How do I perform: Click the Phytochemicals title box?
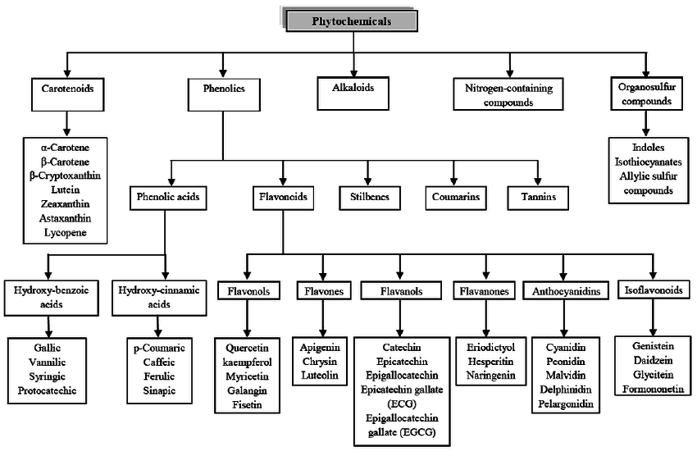(351, 21)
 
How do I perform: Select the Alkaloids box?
(353, 93)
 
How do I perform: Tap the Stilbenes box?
(369, 198)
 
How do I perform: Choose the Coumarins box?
(456, 198)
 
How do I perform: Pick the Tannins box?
(538, 198)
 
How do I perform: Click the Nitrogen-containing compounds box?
(508, 93)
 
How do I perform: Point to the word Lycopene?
(66, 232)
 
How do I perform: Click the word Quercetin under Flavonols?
(247, 348)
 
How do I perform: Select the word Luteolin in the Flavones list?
(320, 375)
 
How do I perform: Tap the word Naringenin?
(490, 376)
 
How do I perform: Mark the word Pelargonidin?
(566, 404)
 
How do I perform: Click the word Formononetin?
(653, 390)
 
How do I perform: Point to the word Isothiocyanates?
(648, 162)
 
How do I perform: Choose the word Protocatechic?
(47, 390)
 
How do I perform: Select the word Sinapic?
(159, 390)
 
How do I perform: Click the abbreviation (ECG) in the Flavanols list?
(402, 404)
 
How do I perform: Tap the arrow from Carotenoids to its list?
(66, 124)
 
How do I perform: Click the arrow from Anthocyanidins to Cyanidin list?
(564, 318)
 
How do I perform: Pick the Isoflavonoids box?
(653, 290)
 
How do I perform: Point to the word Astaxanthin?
(65, 218)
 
